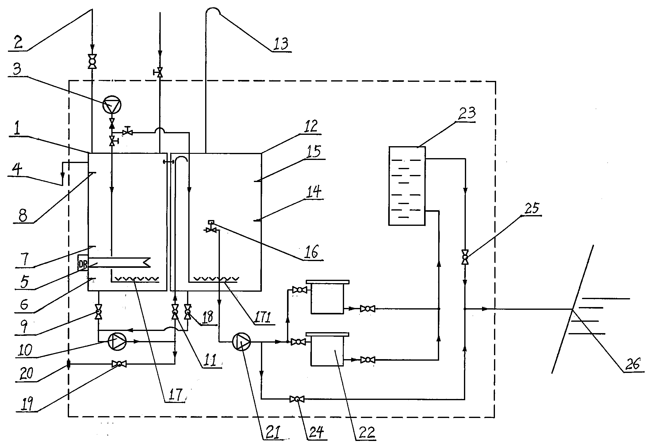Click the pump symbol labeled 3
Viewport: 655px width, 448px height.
tap(112, 105)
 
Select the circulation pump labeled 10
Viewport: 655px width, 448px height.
tap(117, 341)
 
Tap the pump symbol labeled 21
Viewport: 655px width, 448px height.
tap(242, 341)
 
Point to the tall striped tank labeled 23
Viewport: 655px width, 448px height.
tap(407, 186)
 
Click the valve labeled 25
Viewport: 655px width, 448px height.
tap(465, 257)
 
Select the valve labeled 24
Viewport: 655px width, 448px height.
tap(297, 399)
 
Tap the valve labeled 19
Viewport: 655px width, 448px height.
tap(119, 364)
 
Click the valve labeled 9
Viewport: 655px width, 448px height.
tap(98, 312)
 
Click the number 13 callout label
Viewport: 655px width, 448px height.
tap(281, 44)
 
